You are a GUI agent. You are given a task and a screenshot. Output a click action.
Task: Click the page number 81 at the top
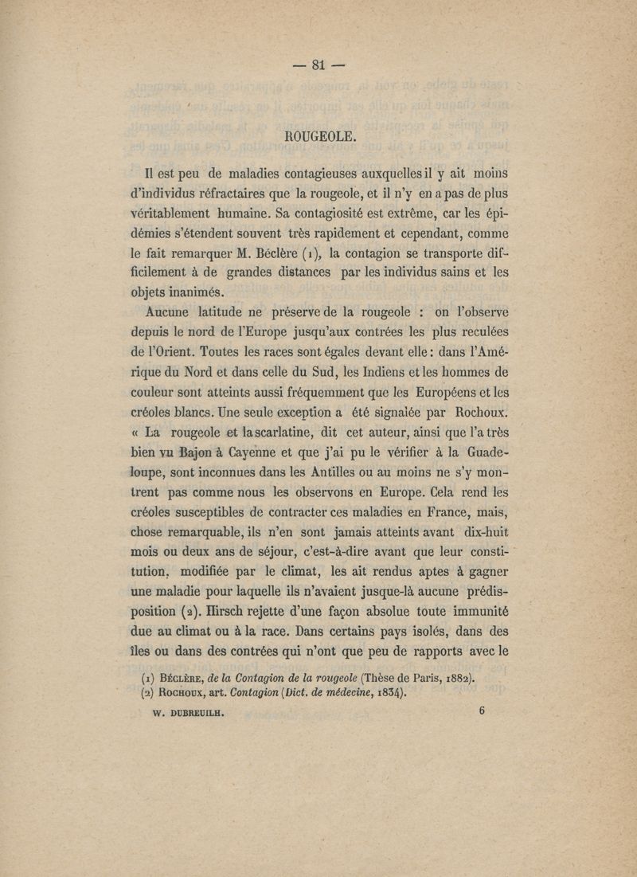click(318, 66)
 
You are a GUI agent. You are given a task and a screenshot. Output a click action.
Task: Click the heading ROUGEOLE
click(318, 136)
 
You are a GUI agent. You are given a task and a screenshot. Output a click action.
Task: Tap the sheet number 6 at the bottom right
click(483, 712)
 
